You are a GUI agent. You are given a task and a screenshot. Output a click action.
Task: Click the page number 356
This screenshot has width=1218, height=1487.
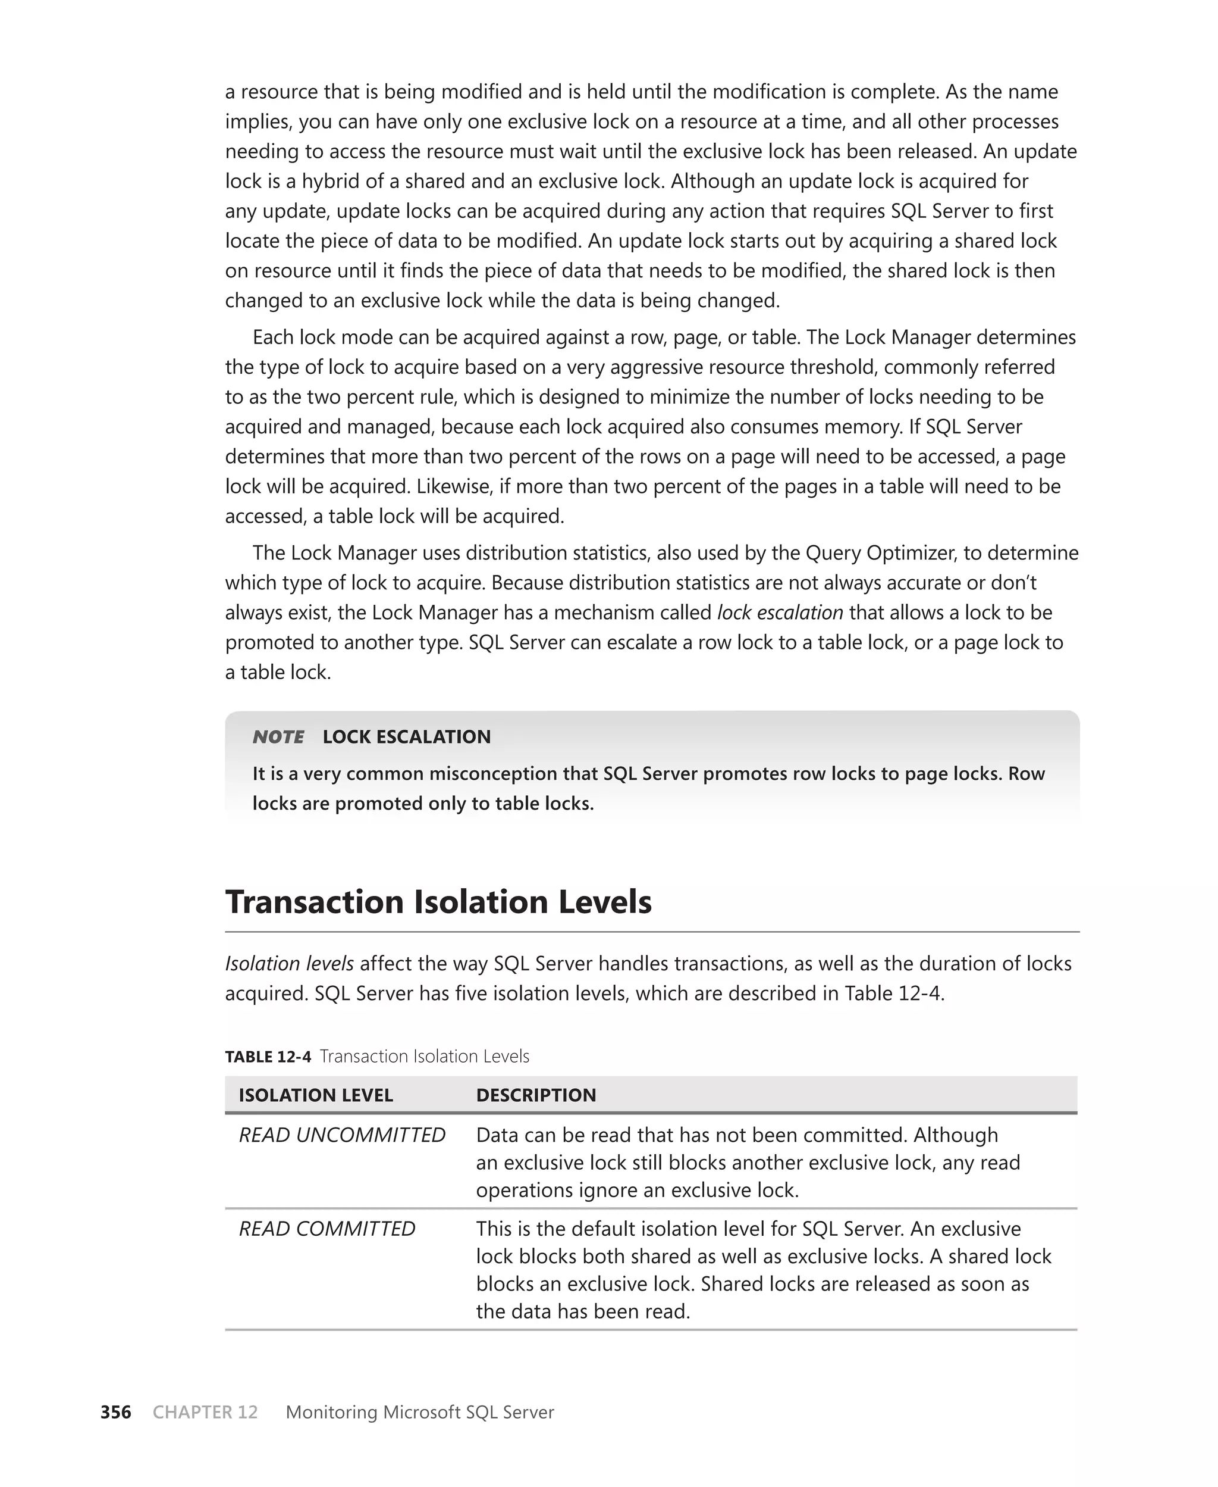point(116,1412)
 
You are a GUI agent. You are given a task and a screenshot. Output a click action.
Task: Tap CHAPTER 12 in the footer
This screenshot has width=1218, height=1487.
point(205,1412)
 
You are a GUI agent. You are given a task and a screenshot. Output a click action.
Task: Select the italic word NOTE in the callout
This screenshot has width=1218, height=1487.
point(278,736)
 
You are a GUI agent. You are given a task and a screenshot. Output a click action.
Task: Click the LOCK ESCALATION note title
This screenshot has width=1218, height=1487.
point(406,736)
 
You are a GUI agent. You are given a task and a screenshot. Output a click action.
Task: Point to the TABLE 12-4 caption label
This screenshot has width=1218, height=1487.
point(267,1057)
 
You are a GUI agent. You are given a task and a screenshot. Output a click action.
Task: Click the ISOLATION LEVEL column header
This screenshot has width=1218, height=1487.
point(316,1095)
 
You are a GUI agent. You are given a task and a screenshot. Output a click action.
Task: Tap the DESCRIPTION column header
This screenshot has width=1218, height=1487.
point(536,1095)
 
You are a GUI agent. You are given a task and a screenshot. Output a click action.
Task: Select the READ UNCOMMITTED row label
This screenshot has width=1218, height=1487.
point(342,1135)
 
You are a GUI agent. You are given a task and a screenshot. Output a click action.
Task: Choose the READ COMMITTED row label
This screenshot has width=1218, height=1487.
point(327,1229)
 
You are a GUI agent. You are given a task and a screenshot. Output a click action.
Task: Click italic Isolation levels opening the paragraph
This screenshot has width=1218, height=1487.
point(289,963)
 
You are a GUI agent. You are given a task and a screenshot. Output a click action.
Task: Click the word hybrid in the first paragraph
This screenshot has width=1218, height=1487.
point(329,181)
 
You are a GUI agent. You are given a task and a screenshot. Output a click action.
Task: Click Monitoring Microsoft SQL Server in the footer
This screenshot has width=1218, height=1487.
point(419,1412)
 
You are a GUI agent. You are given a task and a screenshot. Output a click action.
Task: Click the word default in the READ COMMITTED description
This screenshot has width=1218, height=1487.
point(605,1229)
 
